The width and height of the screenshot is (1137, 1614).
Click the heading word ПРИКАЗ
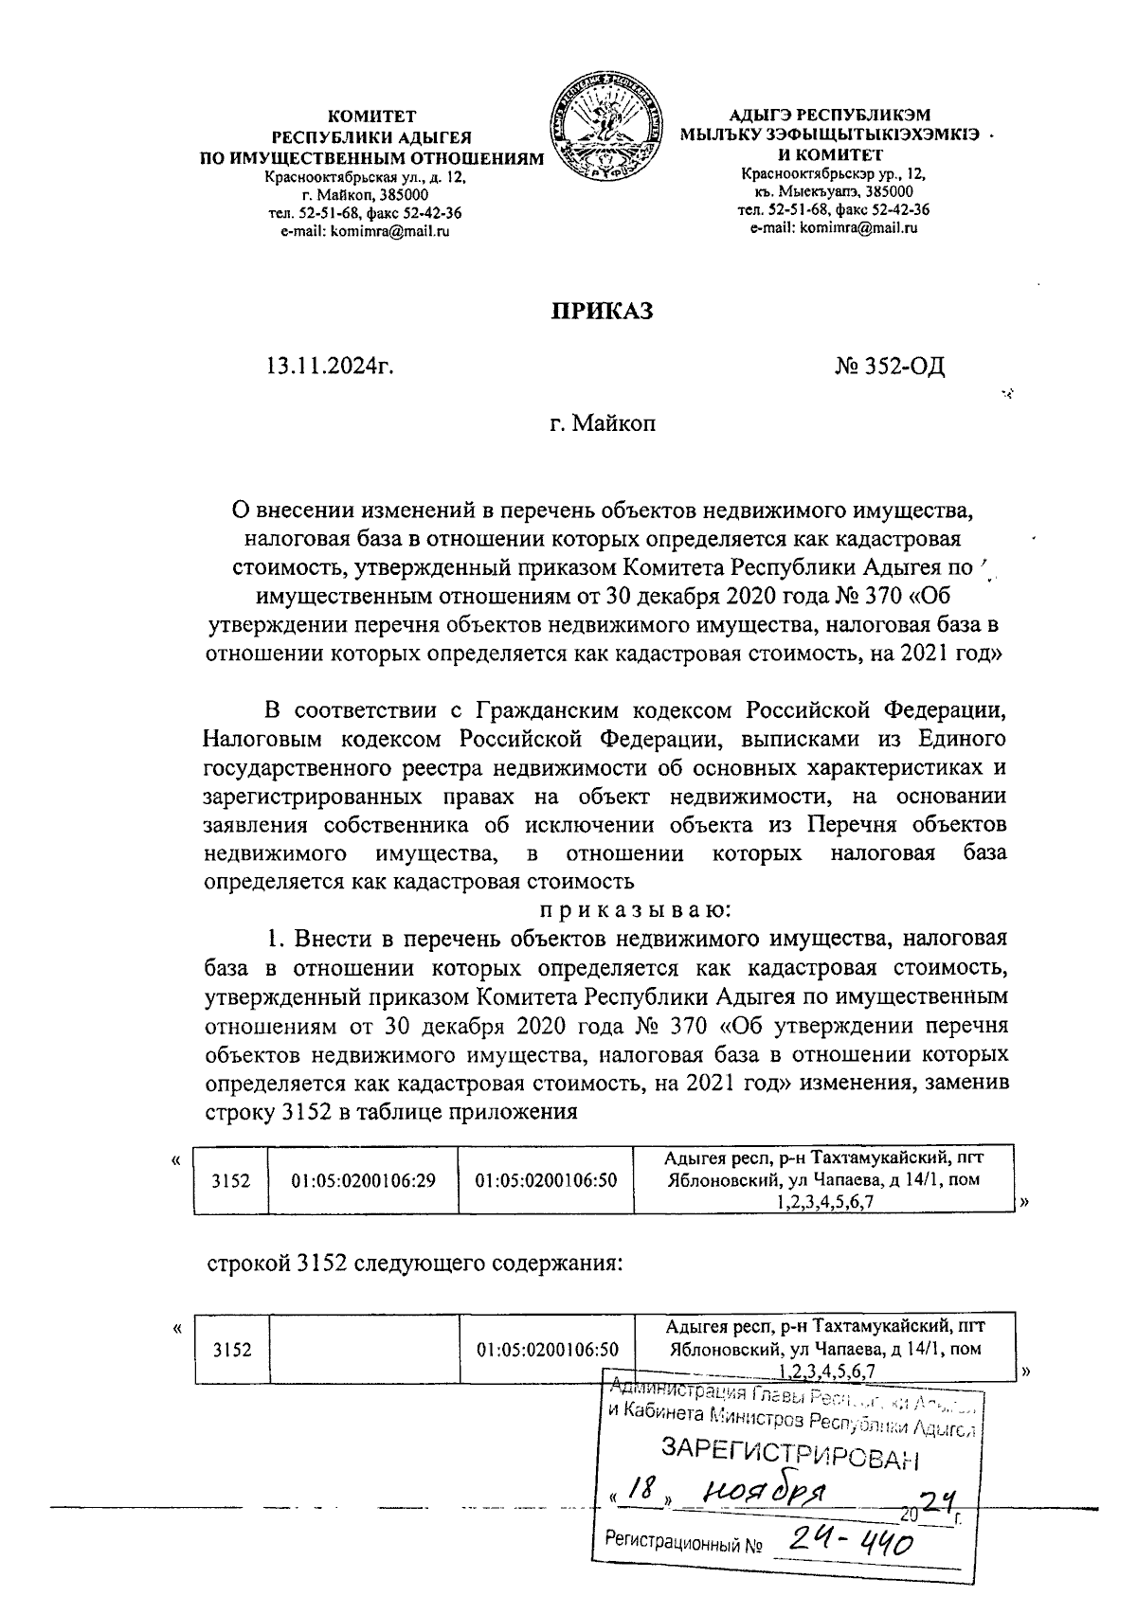point(603,311)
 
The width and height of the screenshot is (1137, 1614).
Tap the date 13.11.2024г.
point(330,366)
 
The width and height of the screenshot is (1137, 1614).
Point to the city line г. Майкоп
point(603,423)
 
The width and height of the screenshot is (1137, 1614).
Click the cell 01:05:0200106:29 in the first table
point(364,1180)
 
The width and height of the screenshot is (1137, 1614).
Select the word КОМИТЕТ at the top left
point(371,117)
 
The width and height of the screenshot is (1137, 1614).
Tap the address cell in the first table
point(821,1180)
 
